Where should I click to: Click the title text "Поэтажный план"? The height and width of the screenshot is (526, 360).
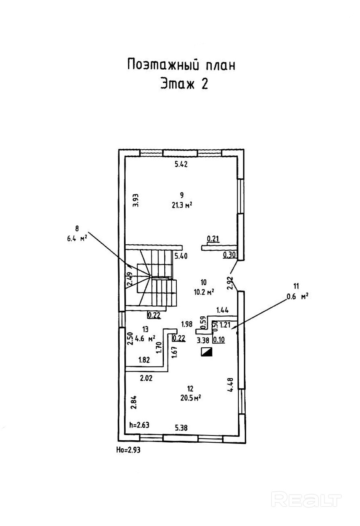(x=181, y=65)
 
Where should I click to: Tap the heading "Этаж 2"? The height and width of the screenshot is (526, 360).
(x=184, y=84)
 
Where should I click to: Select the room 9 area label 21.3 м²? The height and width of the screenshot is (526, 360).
(x=181, y=205)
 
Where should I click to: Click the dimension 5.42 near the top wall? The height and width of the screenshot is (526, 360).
(x=181, y=164)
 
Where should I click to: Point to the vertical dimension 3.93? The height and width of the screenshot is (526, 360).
(x=136, y=200)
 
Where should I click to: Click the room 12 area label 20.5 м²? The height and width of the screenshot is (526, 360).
(x=191, y=398)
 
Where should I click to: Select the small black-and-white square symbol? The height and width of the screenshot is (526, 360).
(x=207, y=352)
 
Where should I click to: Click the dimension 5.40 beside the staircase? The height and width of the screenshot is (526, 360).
(x=181, y=256)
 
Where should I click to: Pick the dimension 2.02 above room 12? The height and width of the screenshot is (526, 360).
(x=147, y=378)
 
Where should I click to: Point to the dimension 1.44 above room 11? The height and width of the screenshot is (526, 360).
(x=223, y=310)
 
